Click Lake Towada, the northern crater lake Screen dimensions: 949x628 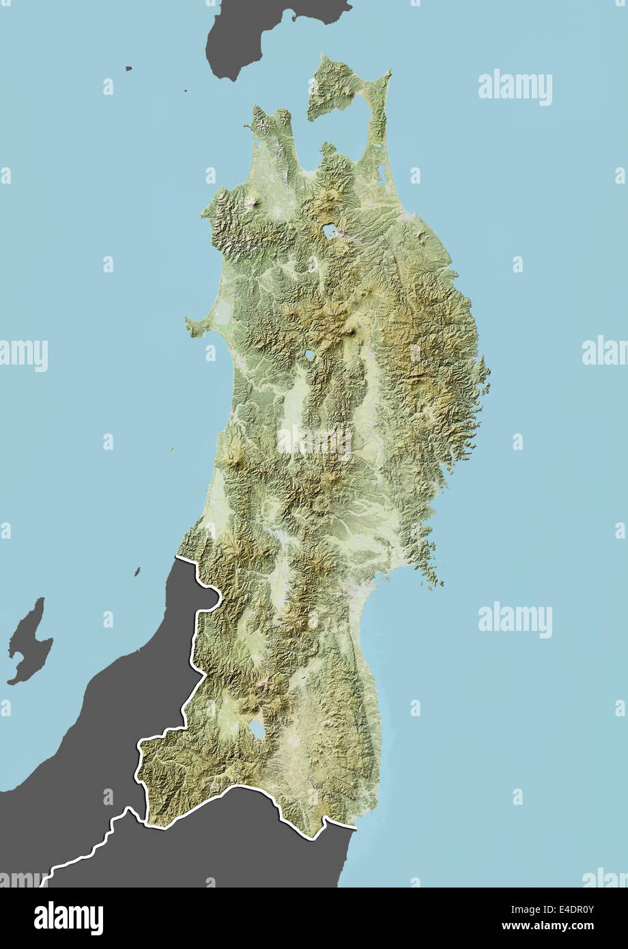click(x=330, y=231)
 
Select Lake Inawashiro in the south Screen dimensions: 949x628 click(x=257, y=730)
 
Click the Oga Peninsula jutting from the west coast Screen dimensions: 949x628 click(x=195, y=326)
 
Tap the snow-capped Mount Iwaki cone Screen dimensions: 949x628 click(x=253, y=202)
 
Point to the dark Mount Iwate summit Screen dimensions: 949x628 click(x=352, y=332)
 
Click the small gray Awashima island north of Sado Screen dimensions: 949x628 click(x=137, y=571)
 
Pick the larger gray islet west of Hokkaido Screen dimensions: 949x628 click(x=128, y=68)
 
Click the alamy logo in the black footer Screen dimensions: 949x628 click(x=68, y=918)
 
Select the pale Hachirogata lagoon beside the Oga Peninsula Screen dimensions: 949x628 click(x=223, y=314)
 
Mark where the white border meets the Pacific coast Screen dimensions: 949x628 click(x=355, y=828)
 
